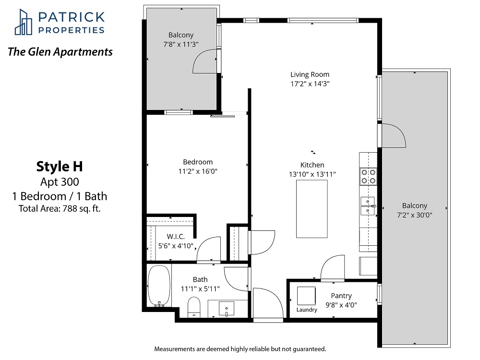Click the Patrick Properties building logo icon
[24, 22]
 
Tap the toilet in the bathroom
[193, 307]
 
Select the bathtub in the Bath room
[159, 286]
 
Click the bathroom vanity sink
[227, 309]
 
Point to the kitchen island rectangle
[312, 209]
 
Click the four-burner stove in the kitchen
[368, 176]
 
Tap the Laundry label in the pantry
[307, 310]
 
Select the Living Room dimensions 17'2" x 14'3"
[310, 84]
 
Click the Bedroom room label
[198, 162]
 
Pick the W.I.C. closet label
[176, 237]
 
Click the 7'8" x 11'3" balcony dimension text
[181, 44]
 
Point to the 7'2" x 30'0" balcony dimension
[415, 215]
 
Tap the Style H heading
[60, 167]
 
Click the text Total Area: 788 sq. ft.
[60, 208]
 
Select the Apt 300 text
[60, 182]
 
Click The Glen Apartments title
[60, 52]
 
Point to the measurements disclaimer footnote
[240, 349]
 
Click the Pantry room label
[341, 296]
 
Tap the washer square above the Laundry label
[306, 296]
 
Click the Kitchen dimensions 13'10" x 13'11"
[312, 174]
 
